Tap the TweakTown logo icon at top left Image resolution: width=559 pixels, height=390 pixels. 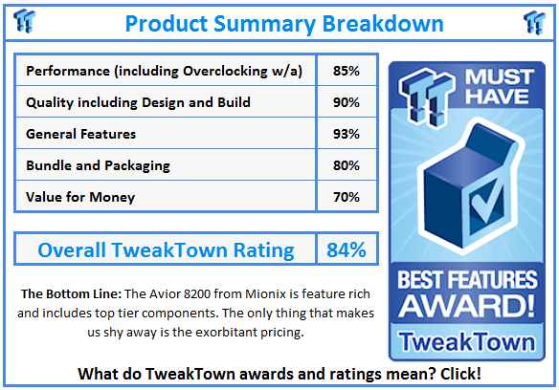[x=26, y=21]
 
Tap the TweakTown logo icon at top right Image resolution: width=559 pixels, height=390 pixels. [x=534, y=21]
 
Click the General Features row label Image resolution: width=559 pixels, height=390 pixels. [x=81, y=134]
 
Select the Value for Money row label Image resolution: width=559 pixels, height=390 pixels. [x=80, y=197]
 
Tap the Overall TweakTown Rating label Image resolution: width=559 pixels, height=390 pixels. [x=166, y=250]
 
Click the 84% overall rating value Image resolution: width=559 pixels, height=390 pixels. [x=346, y=250]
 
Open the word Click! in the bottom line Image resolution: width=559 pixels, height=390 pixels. [x=457, y=372]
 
